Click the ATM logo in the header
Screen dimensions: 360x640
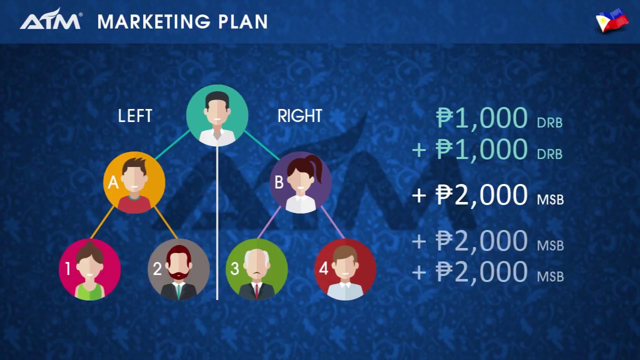[50, 20]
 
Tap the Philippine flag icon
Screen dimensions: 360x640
[612, 20]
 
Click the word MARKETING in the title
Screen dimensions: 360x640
[153, 22]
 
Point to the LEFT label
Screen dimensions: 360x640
[135, 116]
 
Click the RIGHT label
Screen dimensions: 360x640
[300, 116]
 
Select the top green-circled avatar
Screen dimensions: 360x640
[217, 115]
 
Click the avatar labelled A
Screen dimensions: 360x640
[134, 182]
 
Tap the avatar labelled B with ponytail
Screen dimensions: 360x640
[300, 182]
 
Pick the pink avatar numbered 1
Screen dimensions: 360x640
[90, 269]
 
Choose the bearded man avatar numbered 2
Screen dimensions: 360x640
[178, 269]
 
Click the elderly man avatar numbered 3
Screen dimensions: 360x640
[256, 269]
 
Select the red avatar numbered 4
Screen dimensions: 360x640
[345, 269]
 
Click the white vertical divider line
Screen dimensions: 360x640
[217, 225]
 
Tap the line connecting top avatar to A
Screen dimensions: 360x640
[172, 145]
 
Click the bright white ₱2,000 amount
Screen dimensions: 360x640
[481, 195]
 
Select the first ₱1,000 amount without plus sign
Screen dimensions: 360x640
[481, 118]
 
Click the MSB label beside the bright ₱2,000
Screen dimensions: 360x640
[550, 200]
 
